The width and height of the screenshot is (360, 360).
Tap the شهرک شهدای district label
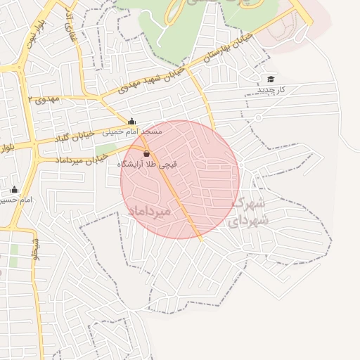pos(247,212)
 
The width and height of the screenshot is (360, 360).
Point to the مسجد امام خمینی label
pos(132,131)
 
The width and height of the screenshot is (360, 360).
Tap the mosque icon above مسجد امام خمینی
pos(131,121)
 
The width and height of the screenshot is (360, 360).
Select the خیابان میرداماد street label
pos(77,160)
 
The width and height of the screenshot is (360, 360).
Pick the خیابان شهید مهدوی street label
pos(150,79)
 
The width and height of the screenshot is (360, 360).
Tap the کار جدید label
pos(270,89)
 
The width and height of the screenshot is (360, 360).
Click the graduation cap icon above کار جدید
pos(271,79)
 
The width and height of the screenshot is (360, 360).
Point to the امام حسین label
pos(15,200)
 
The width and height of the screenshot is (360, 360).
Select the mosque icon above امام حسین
pos(14,190)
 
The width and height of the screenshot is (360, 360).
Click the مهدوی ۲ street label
pos(45,100)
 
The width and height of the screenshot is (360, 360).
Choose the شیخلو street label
pos(34,250)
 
